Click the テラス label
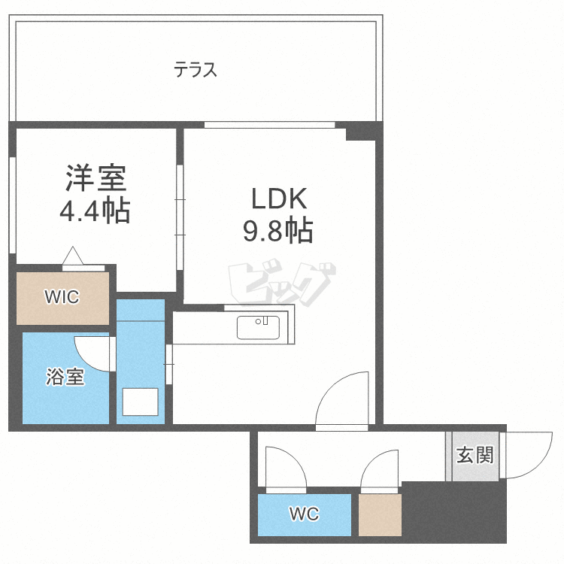click(196, 71)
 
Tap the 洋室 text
click(95, 179)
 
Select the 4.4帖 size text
click(95, 211)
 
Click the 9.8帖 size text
click(277, 232)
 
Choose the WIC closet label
click(62, 296)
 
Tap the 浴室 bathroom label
click(65, 377)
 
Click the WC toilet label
click(304, 514)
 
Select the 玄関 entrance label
click(475, 455)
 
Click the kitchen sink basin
click(258, 328)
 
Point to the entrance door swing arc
click(531, 456)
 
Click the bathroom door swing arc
click(92, 352)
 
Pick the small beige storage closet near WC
click(380, 515)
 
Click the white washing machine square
click(140, 401)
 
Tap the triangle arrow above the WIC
click(73, 256)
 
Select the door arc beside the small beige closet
click(380, 470)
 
